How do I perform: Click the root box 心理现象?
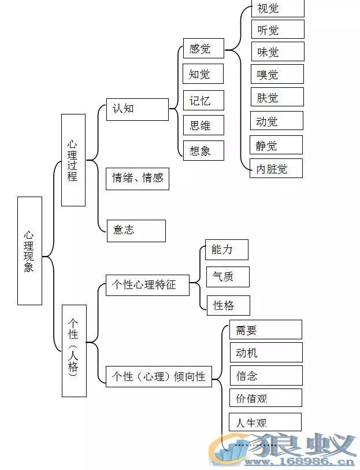pyautogui.click(x=29, y=250)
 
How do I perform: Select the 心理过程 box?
pyautogui.click(x=73, y=160)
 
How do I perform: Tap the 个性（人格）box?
pyautogui.click(x=74, y=350)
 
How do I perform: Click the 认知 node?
pyautogui.click(x=137, y=109)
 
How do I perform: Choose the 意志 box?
pyautogui.click(x=136, y=230)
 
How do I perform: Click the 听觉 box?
pyautogui.click(x=277, y=29)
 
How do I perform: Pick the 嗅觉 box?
pyautogui.click(x=277, y=74)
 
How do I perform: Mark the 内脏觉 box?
pyautogui.click(x=276, y=168)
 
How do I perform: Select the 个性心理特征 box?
pyautogui.click(x=147, y=285)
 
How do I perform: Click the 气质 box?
pyautogui.click(x=228, y=277)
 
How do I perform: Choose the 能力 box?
pyautogui.click(x=227, y=249)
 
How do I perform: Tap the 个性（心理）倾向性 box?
pyautogui.click(x=158, y=376)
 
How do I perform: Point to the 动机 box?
pyautogui.click(x=266, y=353)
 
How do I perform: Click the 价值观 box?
pyautogui.click(x=266, y=398)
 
